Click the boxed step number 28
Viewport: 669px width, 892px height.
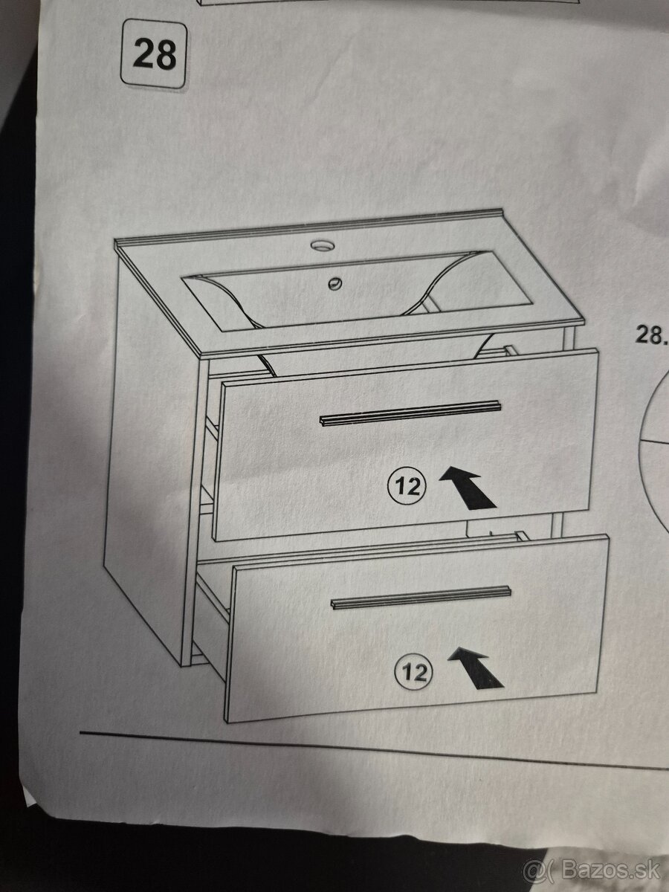coord(154,54)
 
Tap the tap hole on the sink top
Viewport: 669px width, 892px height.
coord(323,245)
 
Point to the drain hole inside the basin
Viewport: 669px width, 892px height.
coord(334,283)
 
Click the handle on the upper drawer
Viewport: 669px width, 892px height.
coord(410,413)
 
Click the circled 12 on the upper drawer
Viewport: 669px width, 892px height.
coord(408,486)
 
